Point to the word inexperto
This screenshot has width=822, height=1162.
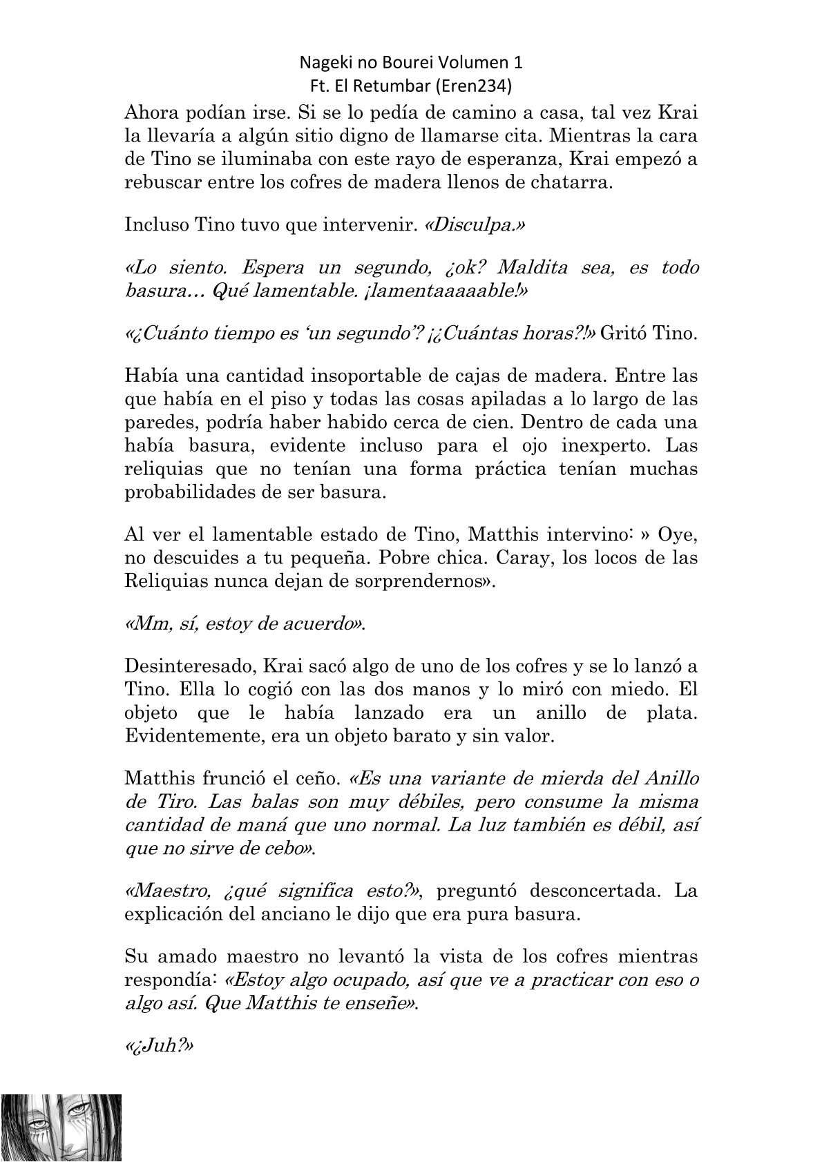pyautogui.click(x=582, y=445)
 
